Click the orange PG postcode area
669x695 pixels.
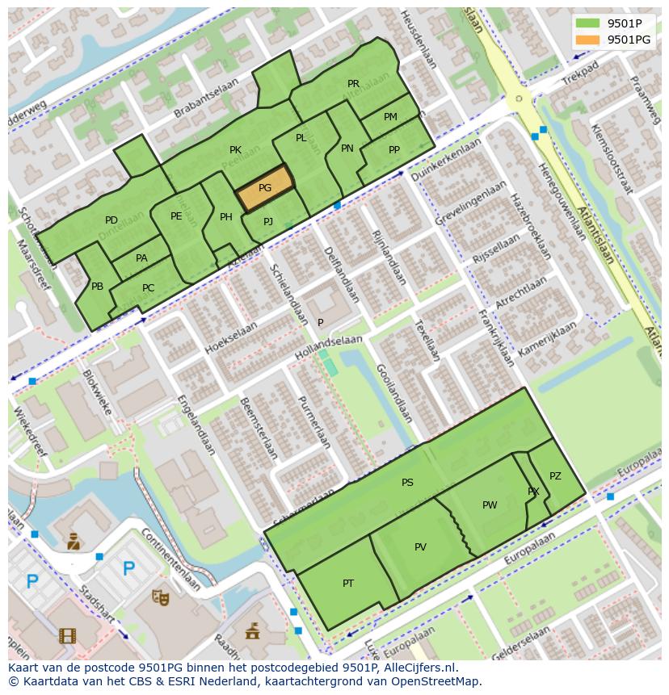(265, 188)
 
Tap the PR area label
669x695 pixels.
(353, 84)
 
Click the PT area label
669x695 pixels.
(348, 584)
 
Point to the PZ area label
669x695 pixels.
(555, 476)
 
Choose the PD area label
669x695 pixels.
(111, 220)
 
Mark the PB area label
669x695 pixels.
(97, 287)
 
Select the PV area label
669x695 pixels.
(420, 547)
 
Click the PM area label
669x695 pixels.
(390, 117)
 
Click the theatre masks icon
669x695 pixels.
(161, 597)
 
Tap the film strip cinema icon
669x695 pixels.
(67, 635)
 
